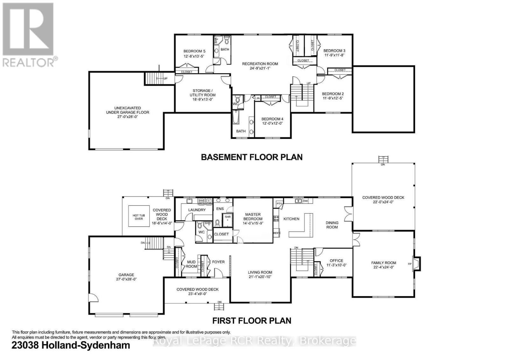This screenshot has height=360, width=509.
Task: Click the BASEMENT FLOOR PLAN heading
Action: (x=252, y=157)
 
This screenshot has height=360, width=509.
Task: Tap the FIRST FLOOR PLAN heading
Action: (x=252, y=320)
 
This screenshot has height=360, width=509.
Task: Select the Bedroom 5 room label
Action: (x=194, y=51)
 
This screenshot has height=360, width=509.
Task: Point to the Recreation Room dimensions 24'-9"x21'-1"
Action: (x=260, y=68)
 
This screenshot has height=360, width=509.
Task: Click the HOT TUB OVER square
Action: (x=139, y=217)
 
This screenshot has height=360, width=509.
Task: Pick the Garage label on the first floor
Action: (x=126, y=275)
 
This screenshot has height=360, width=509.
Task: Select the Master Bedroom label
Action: (x=253, y=217)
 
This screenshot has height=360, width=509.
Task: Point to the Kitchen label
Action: (x=291, y=219)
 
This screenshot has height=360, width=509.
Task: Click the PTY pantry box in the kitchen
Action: (x=279, y=204)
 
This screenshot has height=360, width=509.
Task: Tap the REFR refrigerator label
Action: (x=276, y=233)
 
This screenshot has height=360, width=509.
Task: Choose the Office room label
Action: (x=336, y=261)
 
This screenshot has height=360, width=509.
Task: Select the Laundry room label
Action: (x=197, y=210)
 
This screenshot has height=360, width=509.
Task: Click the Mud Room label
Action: (x=191, y=264)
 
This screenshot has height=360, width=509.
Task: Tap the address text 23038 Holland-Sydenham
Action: (x=71, y=345)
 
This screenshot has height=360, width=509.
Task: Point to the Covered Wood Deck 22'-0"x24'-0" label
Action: (x=383, y=200)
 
